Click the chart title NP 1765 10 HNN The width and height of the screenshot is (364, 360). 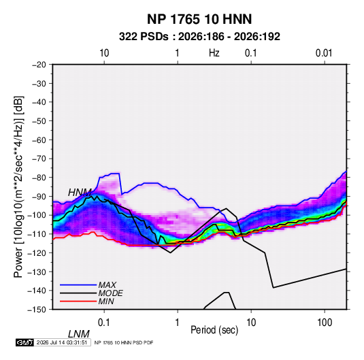pos(199,19)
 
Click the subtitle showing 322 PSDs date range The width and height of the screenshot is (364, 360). pos(199,37)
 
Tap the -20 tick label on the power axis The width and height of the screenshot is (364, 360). pos(39,65)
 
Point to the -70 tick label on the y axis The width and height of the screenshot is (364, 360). pos(39,159)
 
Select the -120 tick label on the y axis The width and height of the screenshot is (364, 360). pos(37,252)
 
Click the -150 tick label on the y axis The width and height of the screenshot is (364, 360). pos(37,310)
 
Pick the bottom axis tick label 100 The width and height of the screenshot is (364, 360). pos(325,323)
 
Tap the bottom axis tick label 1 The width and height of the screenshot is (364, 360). pos(177,323)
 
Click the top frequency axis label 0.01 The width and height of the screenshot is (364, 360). pos(324,53)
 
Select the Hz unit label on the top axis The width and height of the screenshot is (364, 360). pos(214,53)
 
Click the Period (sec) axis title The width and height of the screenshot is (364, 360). pos(214,330)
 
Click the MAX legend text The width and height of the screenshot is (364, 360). pos(107,284)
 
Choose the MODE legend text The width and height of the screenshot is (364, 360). pos(110,293)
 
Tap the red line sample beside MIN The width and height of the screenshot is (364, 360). pos(78,301)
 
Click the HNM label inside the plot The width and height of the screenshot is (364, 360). pos(80,193)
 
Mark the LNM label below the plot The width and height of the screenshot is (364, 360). pos(79,334)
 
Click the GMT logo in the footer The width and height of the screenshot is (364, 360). pos(25,342)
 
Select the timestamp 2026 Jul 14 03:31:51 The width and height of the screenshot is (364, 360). pos(62,342)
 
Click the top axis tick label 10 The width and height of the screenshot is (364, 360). pos(104,53)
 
